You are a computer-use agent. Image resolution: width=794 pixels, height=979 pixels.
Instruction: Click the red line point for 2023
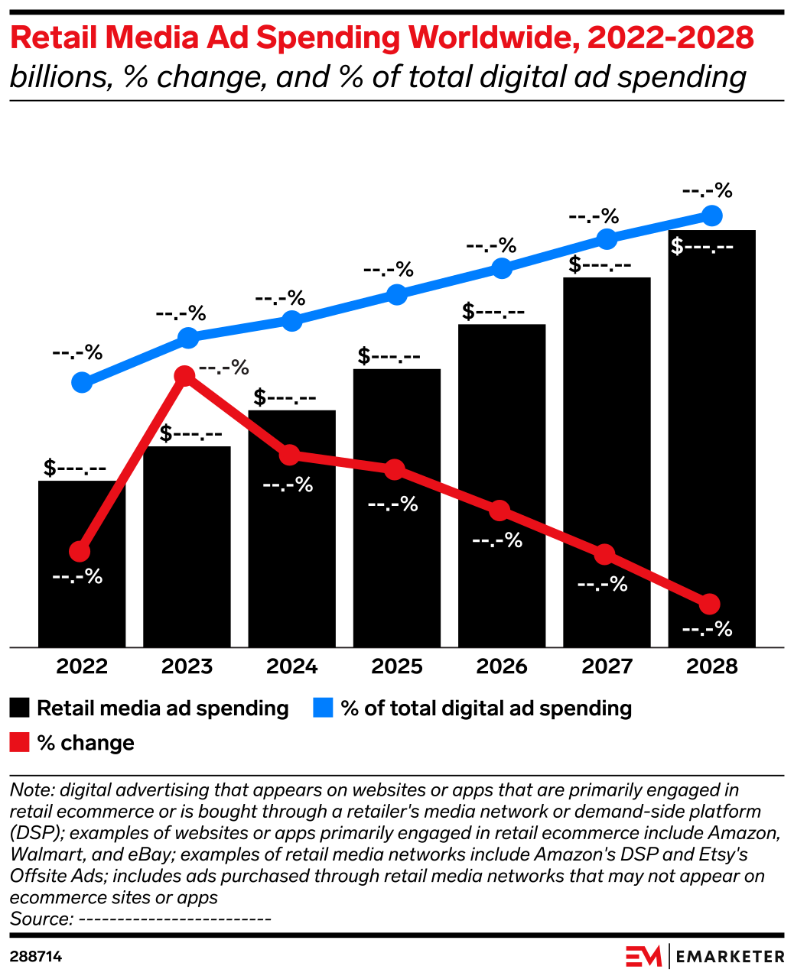point(184,375)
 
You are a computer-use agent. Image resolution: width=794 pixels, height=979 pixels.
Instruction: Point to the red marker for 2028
point(710,604)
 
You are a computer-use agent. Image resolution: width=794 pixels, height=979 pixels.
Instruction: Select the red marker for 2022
point(80,551)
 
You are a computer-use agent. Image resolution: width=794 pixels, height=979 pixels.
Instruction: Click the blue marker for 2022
point(82,382)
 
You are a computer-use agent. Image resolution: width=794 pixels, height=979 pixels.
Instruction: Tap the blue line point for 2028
point(711,216)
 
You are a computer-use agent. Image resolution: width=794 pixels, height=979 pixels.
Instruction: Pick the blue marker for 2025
point(396,295)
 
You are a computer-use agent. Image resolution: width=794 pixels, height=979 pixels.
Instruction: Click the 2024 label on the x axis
point(291,666)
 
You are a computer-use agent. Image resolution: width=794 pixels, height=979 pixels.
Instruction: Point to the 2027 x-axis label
point(607,666)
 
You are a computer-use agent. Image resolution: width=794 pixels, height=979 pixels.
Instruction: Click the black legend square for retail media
point(20,708)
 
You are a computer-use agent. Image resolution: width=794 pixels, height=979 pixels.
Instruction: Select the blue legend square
point(324,708)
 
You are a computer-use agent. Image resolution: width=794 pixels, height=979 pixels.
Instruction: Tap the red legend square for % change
point(20,742)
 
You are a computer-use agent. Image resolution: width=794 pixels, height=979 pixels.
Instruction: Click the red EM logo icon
point(643,956)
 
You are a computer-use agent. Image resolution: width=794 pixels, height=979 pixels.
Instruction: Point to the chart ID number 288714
point(36,957)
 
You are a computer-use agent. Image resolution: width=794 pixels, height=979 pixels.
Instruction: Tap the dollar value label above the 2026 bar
point(493,312)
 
